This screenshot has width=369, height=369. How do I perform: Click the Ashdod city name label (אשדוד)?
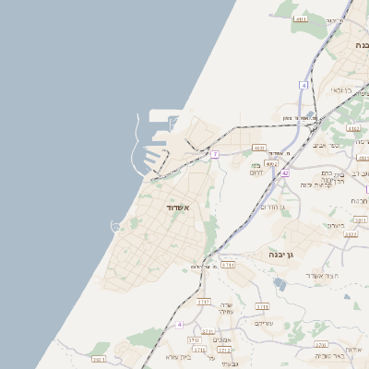[176, 208]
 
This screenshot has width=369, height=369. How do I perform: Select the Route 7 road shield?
[214, 154]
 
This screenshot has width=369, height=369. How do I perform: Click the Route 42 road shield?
[286, 173]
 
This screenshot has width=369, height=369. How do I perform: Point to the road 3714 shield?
[227, 265]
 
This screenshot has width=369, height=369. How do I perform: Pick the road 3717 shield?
[204, 301]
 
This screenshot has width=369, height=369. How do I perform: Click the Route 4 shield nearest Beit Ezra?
[180, 325]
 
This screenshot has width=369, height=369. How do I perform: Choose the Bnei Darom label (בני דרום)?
[256, 169]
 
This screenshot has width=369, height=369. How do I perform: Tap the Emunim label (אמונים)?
[222, 340]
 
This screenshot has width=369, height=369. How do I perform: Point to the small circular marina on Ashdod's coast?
[116, 225]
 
